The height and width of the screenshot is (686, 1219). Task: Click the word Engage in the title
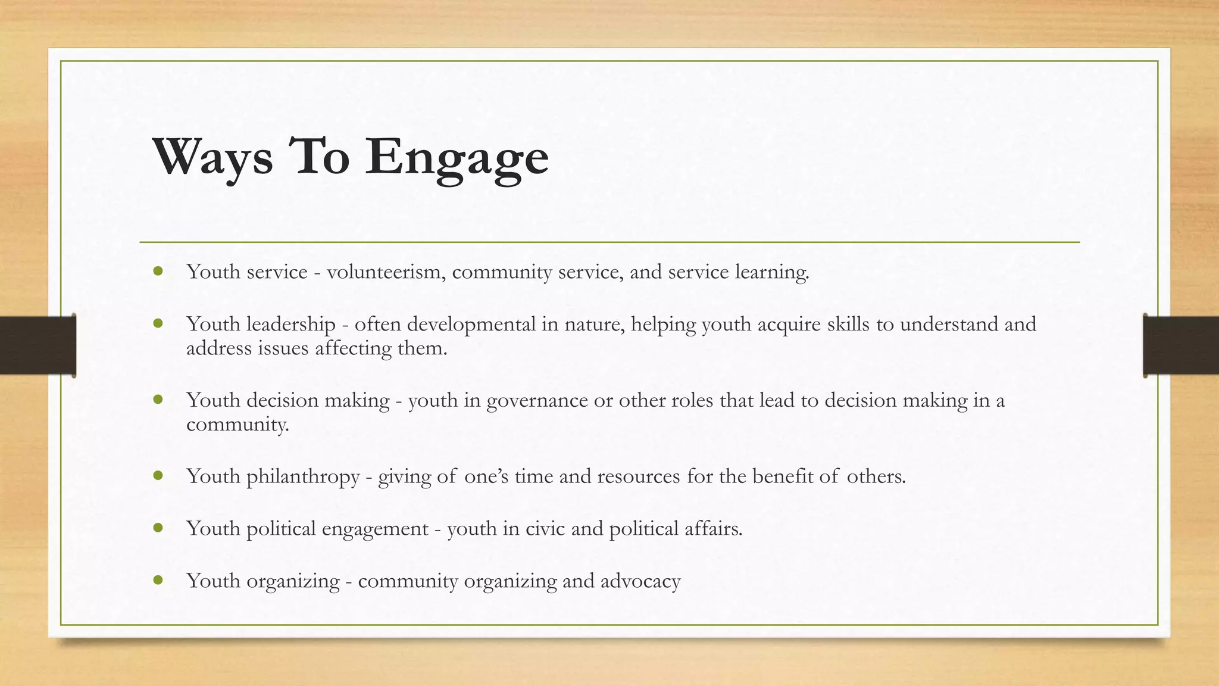(457, 156)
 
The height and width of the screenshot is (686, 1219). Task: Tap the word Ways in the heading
(212, 156)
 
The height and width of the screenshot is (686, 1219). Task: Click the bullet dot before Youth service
(158, 272)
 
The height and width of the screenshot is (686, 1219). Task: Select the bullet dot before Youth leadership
(158, 324)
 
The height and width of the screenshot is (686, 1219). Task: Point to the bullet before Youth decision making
(158, 400)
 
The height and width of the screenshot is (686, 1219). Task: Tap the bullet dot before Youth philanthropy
(158, 476)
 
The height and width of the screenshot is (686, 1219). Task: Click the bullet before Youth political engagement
(158, 528)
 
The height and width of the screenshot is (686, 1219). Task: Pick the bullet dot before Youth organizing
(158, 580)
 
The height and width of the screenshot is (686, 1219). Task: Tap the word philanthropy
(303, 477)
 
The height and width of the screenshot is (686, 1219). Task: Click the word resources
(638, 476)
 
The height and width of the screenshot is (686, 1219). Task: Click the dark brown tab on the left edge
(37, 345)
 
